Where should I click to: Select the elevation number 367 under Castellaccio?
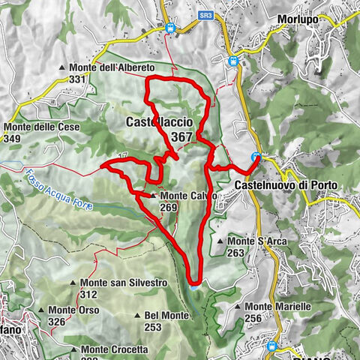(x=181, y=136)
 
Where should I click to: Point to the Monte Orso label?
(x=76, y=310)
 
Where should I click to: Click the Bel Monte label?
(x=166, y=315)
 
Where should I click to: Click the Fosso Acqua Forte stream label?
(x=56, y=190)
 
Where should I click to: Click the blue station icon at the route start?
(x=256, y=157)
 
